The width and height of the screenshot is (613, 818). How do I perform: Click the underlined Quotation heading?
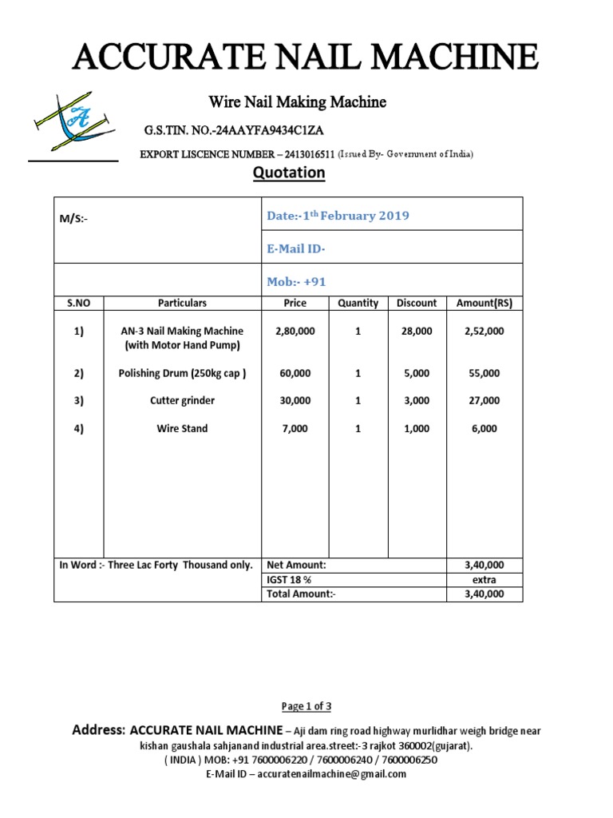289,173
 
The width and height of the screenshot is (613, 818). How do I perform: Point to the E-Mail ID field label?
295,249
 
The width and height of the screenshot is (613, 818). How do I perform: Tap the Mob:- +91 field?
296,282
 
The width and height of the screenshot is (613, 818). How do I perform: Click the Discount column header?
417,304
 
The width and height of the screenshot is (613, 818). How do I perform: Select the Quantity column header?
358,304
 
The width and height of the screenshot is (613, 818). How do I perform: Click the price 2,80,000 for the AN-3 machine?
295,331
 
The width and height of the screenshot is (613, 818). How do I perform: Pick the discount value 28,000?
417,331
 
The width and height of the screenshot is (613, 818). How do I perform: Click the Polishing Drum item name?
182,373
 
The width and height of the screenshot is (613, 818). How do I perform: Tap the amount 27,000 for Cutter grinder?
484,400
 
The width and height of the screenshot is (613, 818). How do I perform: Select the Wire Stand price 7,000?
295,429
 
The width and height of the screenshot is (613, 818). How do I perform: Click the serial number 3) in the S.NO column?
78,400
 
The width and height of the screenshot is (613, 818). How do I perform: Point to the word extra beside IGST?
484,579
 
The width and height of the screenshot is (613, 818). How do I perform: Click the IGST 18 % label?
289,579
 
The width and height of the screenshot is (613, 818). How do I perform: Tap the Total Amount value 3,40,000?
484,594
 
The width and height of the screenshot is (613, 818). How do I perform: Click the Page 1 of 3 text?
306,706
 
